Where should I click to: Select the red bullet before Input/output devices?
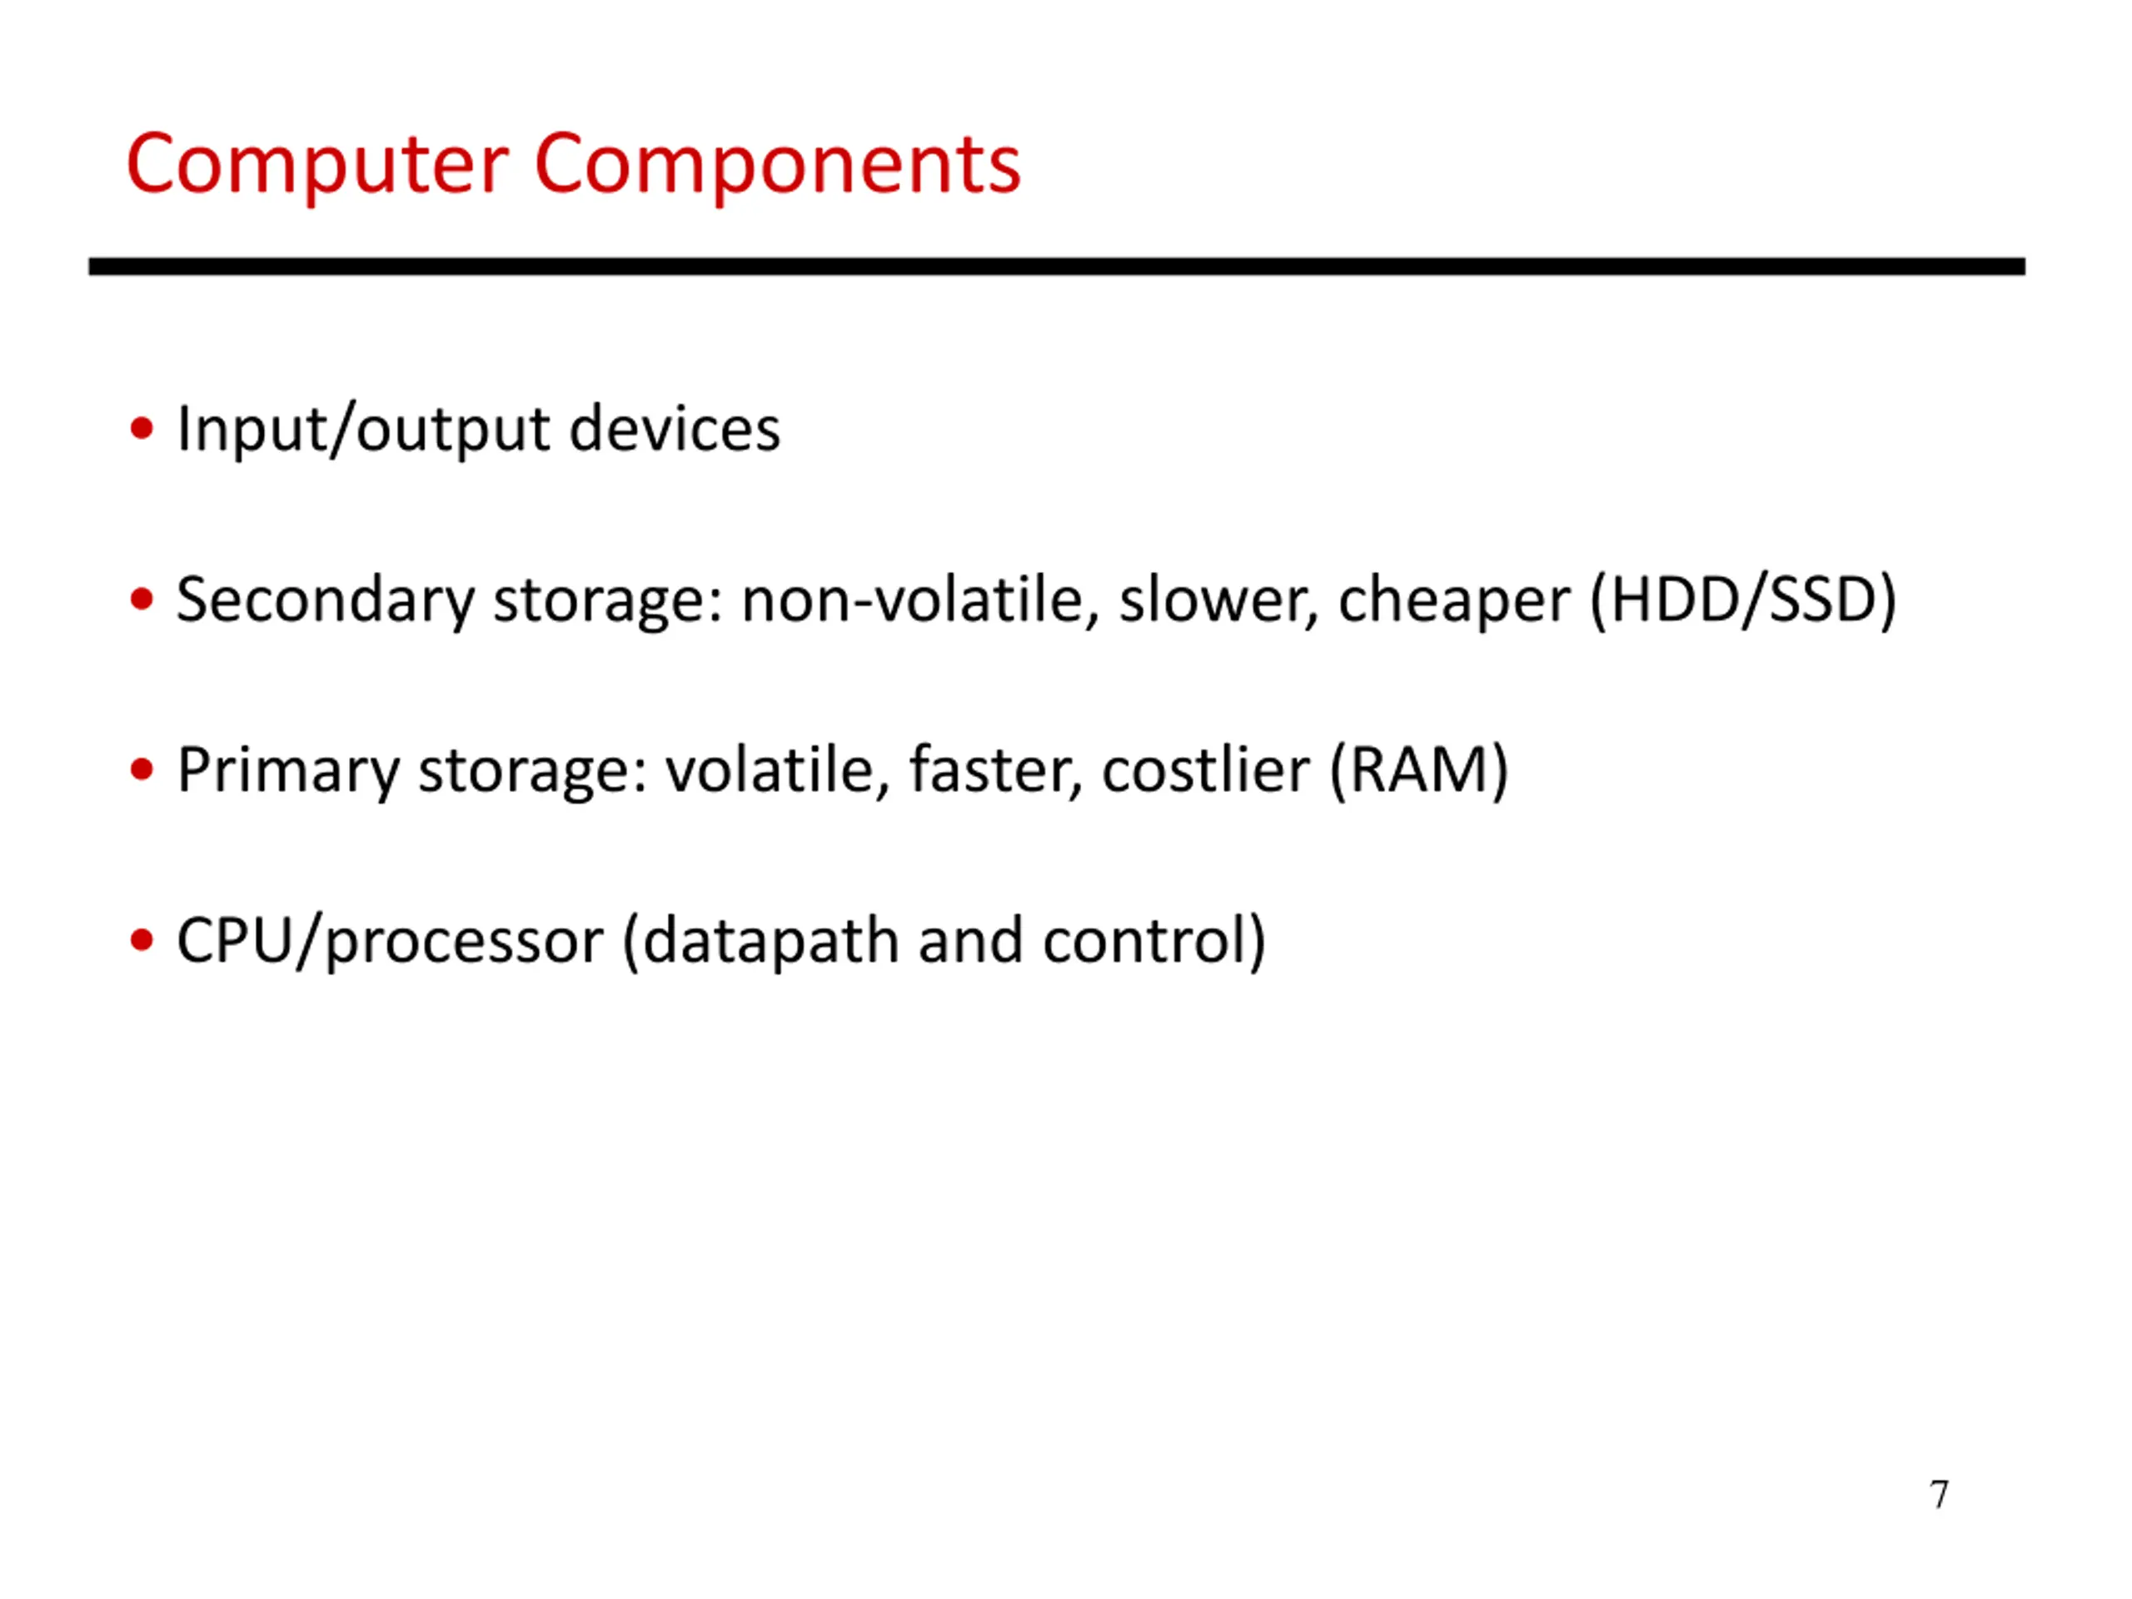(142, 428)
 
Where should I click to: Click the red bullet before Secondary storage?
(142, 600)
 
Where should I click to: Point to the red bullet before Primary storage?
(142, 770)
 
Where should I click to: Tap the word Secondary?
(325, 600)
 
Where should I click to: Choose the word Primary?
(287, 771)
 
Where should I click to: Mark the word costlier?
(1205, 770)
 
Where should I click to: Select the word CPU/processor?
(390, 942)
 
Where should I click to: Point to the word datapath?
(770, 942)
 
